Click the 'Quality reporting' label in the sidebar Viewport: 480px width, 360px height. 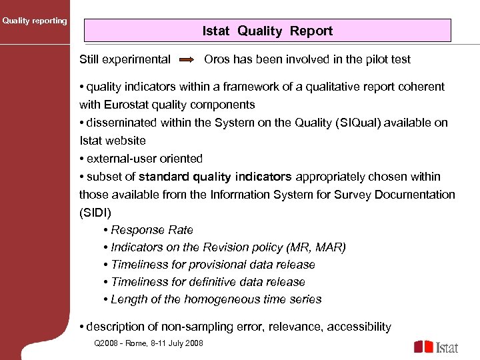(35, 21)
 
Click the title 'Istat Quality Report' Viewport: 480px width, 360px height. (267, 31)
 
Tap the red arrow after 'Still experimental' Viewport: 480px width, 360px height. (187, 60)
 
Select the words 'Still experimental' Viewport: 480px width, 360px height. (125, 59)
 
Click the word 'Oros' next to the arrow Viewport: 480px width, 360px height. (217, 59)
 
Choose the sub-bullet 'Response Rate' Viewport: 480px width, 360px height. (152, 230)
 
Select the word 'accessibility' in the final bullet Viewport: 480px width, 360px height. (359, 327)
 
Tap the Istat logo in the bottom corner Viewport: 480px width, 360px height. (436, 347)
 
